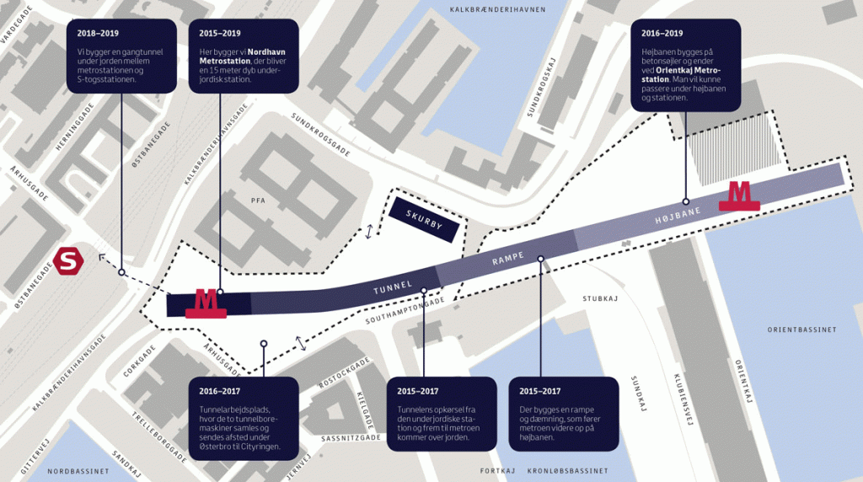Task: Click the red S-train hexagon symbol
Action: tap(68, 261)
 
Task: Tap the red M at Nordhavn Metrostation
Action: tap(206, 304)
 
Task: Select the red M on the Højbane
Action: tap(739, 196)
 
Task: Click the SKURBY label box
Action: tap(424, 220)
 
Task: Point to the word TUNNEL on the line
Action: tap(393, 287)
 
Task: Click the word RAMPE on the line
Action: tap(508, 258)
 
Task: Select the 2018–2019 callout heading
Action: tap(98, 33)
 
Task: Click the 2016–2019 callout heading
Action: tap(662, 33)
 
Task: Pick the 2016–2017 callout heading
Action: tap(220, 391)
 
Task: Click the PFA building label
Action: tap(258, 201)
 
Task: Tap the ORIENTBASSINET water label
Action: tap(802, 329)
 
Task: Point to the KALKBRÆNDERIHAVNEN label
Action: tap(497, 9)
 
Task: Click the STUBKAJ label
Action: tap(600, 298)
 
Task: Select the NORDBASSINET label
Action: tap(78, 472)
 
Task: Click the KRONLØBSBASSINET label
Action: tap(567, 471)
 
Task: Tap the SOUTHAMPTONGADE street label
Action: tap(405, 311)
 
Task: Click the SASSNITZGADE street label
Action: tap(351, 438)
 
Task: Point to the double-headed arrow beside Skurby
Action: tap(369, 232)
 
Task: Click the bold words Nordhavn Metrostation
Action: tap(243, 56)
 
